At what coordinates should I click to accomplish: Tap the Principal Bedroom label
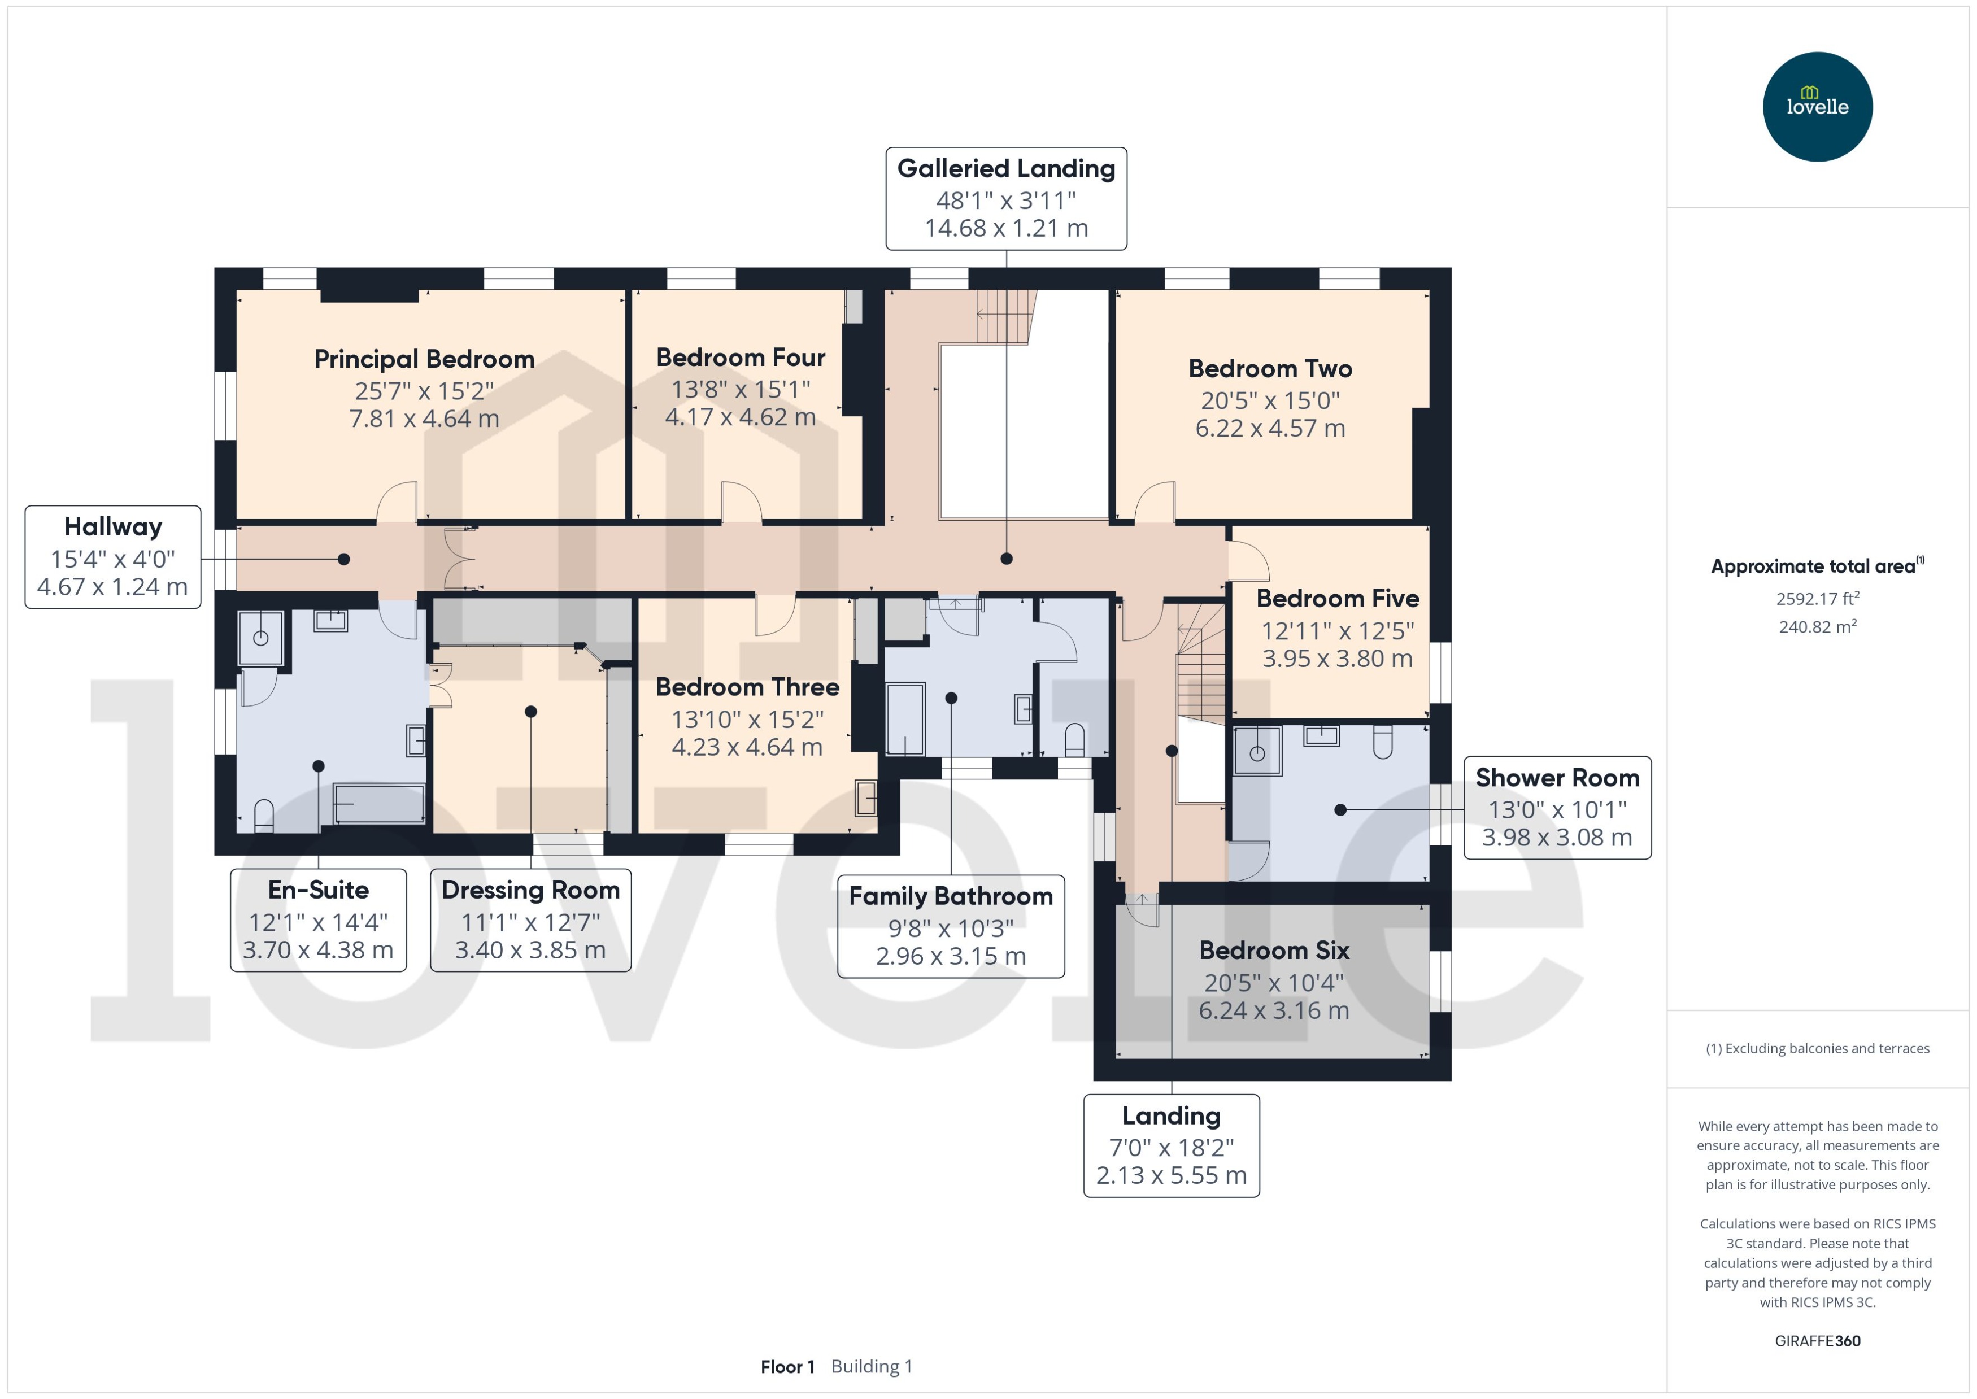click(424, 359)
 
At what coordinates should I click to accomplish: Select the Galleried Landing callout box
click(1005, 198)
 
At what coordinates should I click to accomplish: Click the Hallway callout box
click(113, 556)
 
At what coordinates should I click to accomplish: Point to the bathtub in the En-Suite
click(379, 803)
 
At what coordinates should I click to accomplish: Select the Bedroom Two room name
click(1270, 369)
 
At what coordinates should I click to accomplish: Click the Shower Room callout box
click(1557, 807)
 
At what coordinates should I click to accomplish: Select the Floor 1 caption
click(786, 1366)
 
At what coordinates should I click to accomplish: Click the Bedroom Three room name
click(747, 687)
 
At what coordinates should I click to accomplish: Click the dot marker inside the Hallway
click(343, 559)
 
